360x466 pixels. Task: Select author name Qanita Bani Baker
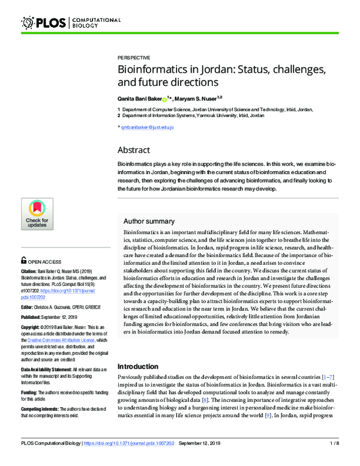pos(139,98)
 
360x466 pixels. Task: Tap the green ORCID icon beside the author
pos(164,98)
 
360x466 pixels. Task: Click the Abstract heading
pos(134,150)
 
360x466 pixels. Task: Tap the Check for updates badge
pos(37,214)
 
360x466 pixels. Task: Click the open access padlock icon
pos(23,261)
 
